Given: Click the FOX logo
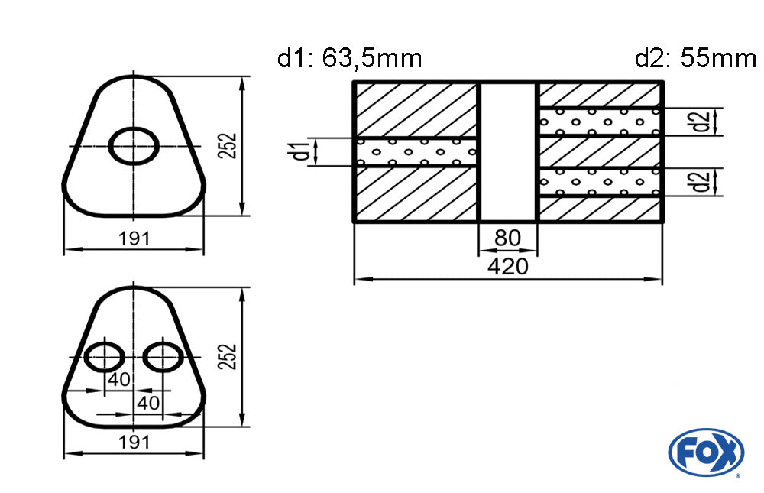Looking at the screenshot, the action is point(706,452).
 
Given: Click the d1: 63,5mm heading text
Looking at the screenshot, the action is point(349,59).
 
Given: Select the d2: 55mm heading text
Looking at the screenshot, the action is point(695,59).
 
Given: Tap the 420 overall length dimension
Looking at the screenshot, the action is point(508,267).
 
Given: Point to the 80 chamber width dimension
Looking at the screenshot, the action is point(508,238).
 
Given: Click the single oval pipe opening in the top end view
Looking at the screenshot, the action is point(134,145).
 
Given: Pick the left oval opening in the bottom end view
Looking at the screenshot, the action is point(104,356).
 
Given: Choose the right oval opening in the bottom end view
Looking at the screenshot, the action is point(163,356).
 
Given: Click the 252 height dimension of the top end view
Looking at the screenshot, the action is point(228,145).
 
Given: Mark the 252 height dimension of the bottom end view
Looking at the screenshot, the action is point(228,356).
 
